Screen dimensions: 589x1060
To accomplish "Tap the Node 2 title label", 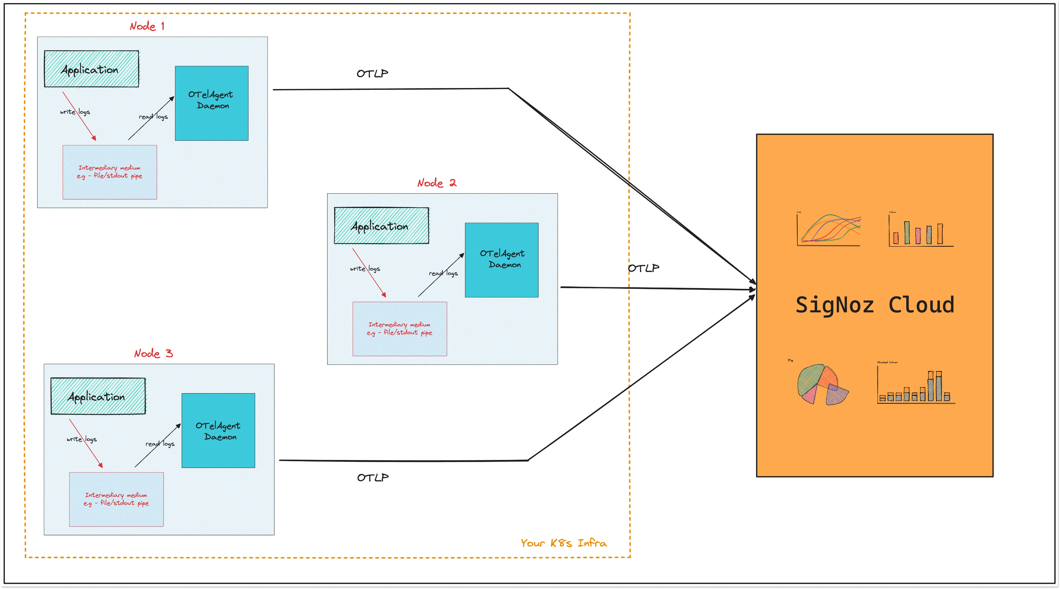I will click(x=437, y=183).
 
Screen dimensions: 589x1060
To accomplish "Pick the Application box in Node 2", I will click(x=381, y=226).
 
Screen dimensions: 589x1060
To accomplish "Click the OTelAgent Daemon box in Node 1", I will click(x=212, y=103).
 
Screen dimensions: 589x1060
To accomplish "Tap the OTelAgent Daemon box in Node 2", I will click(x=502, y=260).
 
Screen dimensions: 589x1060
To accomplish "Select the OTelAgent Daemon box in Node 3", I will click(x=218, y=431).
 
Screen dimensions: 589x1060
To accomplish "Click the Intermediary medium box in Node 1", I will click(x=109, y=172).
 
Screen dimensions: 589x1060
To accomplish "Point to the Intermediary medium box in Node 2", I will click(x=399, y=329).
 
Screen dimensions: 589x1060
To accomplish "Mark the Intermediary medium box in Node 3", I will click(x=116, y=499).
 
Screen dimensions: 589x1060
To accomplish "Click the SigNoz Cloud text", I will click(x=875, y=305).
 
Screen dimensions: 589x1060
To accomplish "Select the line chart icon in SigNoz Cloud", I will click(x=829, y=230).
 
